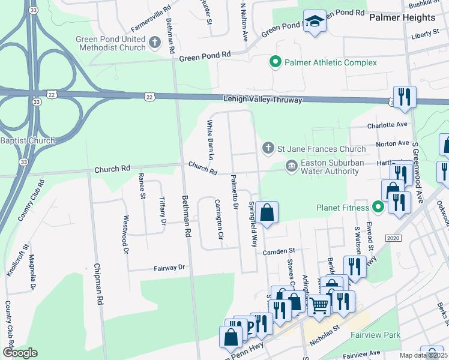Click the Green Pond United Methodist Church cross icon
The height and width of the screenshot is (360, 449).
155,42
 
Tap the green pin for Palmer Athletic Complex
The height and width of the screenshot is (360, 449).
276,62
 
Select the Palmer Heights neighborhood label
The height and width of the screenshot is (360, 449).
402,18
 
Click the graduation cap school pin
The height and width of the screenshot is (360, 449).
314,22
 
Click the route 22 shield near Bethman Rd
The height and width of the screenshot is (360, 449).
149,96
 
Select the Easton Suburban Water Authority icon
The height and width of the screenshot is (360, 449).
291,166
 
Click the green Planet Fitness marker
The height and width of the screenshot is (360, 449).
378,208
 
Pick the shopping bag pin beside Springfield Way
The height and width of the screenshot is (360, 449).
268,212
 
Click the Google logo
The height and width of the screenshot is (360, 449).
20,352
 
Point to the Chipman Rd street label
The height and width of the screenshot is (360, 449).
95,284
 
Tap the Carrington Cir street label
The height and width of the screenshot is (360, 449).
218,220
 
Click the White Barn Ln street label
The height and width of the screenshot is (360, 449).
210,140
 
